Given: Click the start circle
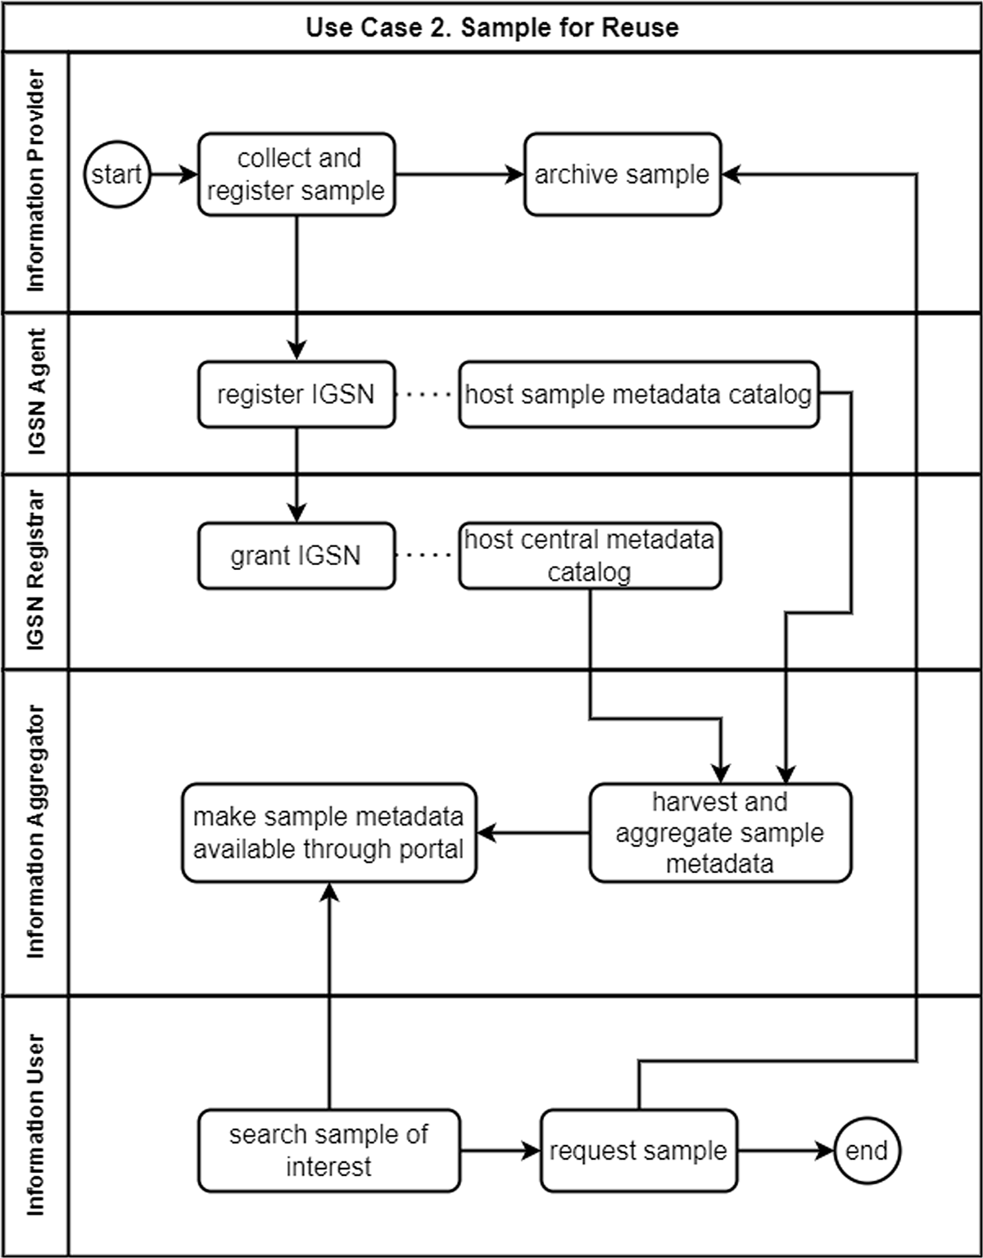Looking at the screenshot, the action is [x=117, y=174].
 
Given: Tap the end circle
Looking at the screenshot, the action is [x=867, y=1151].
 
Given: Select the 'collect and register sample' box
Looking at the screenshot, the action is [x=297, y=174].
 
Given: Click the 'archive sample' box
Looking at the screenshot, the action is [x=623, y=174].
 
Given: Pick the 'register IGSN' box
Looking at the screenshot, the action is [x=297, y=394].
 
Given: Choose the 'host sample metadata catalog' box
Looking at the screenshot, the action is [x=639, y=394].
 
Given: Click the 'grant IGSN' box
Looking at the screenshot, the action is [x=297, y=556].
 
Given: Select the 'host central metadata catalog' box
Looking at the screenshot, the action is [x=590, y=556].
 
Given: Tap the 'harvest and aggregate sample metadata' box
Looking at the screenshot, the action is [x=720, y=833].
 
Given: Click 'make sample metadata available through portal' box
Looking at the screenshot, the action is [x=329, y=833].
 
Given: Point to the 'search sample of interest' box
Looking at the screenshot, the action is [x=329, y=1151].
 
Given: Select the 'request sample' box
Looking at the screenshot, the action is [x=639, y=1151].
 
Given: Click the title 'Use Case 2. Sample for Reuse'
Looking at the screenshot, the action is [x=492, y=27].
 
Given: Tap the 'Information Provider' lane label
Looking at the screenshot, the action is [x=35, y=181].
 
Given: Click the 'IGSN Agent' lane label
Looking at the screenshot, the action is [x=35, y=392].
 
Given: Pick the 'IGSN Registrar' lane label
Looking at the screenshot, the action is [x=35, y=570].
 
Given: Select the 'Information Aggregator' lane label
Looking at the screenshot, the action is [x=35, y=831].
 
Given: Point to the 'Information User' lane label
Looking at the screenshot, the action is [x=35, y=1125].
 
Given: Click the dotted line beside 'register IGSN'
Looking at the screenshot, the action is [x=428, y=394].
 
